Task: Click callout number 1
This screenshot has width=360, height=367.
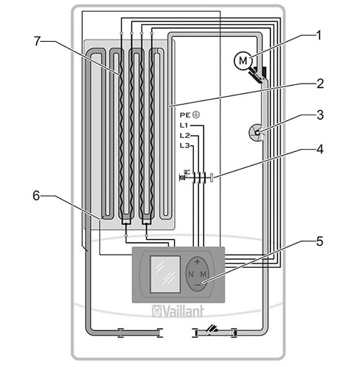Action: (x=319, y=34)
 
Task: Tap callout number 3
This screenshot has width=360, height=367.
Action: (x=319, y=115)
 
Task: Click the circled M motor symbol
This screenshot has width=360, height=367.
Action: (x=242, y=59)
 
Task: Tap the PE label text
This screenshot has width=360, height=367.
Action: (x=184, y=115)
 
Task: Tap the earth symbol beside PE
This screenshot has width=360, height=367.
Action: (x=196, y=115)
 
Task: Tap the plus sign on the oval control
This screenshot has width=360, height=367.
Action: (x=196, y=262)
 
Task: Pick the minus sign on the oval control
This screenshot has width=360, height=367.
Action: (x=196, y=286)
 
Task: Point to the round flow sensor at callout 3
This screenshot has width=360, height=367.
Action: (x=255, y=131)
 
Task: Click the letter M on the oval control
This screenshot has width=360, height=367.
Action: (x=203, y=274)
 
